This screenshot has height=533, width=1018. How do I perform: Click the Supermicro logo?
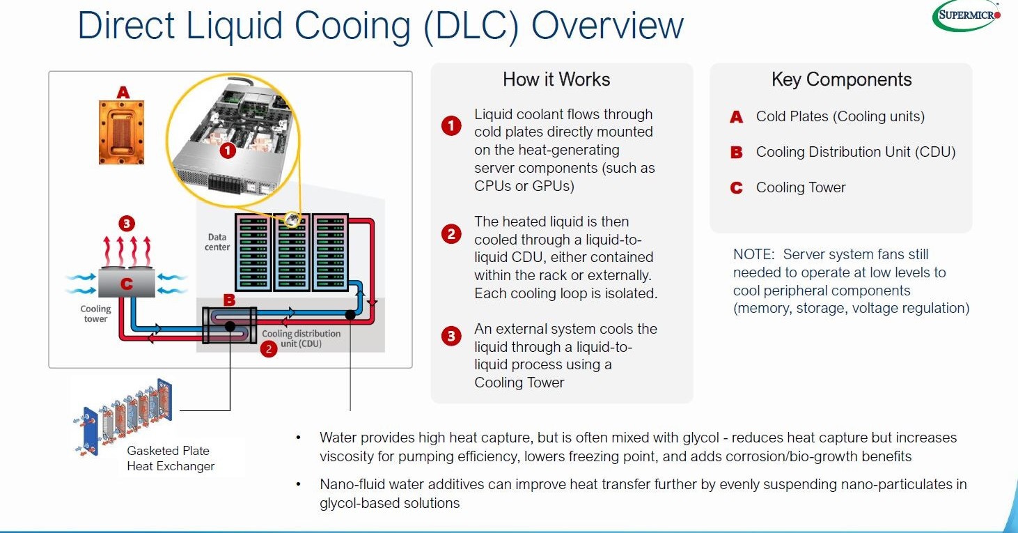[966, 15]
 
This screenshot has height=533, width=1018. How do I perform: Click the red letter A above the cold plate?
[123, 92]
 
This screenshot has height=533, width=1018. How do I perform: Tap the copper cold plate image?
[123, 132]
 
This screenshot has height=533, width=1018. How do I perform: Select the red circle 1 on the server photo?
[226, 149]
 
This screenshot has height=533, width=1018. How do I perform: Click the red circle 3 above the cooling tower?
[126, 224]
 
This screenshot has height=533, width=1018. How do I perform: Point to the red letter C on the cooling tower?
[126, 284]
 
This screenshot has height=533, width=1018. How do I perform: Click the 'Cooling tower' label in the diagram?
[95, 314]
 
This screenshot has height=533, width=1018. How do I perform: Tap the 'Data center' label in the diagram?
[217, 242]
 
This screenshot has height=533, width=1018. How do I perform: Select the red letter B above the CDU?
[229, 300]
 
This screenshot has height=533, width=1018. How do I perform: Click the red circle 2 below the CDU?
[269, 349]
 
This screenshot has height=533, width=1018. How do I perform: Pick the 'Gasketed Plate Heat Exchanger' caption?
[171, 458]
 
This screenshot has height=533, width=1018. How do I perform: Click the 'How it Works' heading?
[556, 79]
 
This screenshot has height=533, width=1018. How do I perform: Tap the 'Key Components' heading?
[841, 79]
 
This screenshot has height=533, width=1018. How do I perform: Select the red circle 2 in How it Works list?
[451, 233]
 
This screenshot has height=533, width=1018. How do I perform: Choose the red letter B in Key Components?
[736, 153]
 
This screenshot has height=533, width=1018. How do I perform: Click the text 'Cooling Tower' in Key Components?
[801, 187]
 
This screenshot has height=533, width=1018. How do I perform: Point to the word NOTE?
[753, 254]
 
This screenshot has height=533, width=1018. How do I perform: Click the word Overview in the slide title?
[607, 26]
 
